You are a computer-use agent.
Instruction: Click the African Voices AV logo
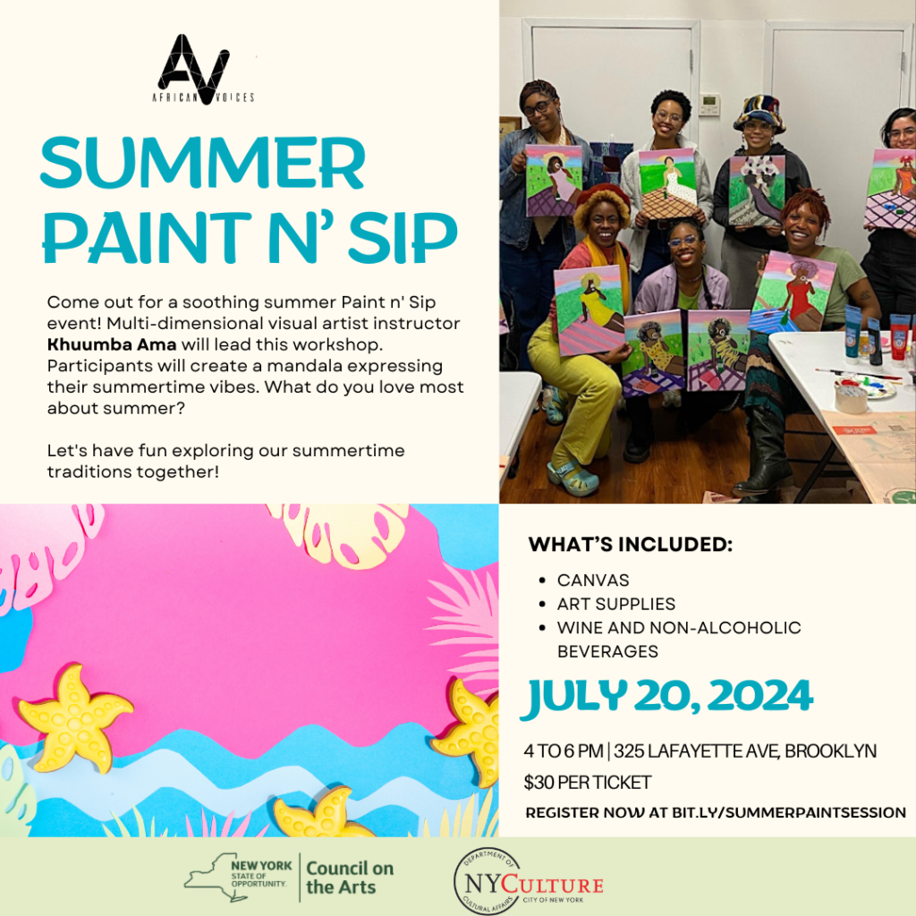193,68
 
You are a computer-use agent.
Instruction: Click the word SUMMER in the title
202,164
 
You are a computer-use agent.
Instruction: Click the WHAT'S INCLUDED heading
630,545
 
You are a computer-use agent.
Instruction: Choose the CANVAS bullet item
593,581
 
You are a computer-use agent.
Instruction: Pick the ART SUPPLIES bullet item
615,604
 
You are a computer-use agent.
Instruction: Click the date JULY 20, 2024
668,695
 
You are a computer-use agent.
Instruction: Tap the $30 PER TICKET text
588,783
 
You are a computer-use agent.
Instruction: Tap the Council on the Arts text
350,878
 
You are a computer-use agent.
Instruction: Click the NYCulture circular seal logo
487,881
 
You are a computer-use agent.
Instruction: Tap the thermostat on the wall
708,104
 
